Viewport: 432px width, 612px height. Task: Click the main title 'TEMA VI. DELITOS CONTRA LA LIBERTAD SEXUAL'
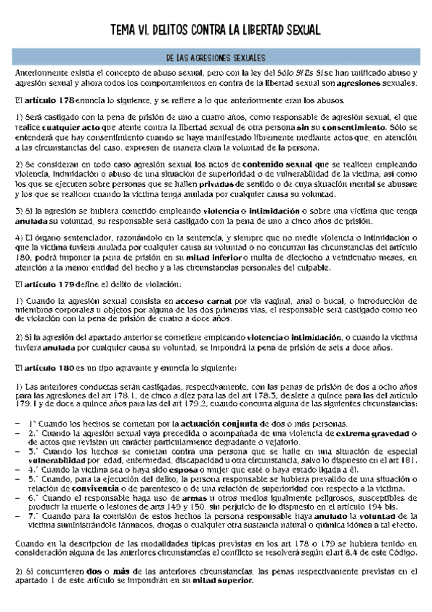coord(216,29)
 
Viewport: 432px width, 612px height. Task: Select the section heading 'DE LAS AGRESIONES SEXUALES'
coord(216,57)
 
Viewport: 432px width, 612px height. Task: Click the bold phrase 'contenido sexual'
coord(276,164)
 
